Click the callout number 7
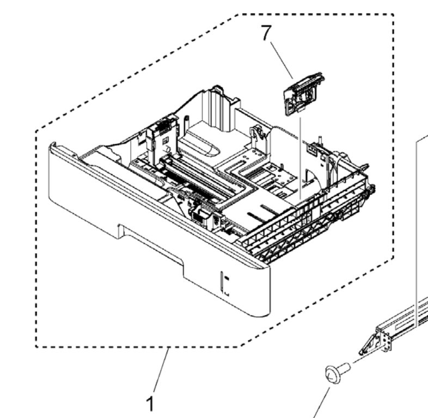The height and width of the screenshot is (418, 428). point(265,34)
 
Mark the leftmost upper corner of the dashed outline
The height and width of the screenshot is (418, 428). point(36,131)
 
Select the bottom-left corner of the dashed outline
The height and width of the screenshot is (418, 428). point(36,346)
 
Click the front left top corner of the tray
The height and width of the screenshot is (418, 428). point(53,146)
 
